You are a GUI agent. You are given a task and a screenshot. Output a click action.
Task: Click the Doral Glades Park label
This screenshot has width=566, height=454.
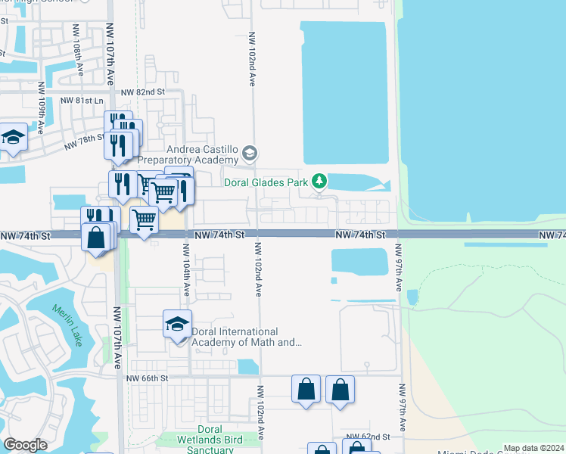coord(266,182)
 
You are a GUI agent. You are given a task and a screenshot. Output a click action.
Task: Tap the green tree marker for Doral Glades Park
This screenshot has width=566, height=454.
coord(320,181)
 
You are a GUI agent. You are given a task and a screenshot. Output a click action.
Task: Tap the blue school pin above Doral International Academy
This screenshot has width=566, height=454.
coord(177,325)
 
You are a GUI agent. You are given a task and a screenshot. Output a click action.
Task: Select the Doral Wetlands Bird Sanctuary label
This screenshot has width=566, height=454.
coord(205,444)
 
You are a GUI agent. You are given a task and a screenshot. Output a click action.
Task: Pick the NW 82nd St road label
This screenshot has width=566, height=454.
coord(143,92)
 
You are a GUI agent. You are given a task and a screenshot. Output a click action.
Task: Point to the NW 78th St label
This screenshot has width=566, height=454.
coord(84,141)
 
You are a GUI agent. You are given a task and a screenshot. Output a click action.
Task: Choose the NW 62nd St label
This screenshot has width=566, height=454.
coord(367,437)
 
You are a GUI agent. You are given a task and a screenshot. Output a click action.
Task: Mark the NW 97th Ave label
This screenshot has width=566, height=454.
coord(399,266)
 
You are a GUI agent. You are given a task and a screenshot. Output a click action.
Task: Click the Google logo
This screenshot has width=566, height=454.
coord(25,446)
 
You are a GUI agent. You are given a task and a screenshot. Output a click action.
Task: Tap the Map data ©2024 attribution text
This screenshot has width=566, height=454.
coord(533,448)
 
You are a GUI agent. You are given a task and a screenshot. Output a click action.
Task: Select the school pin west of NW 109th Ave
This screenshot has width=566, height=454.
coord(13,138)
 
